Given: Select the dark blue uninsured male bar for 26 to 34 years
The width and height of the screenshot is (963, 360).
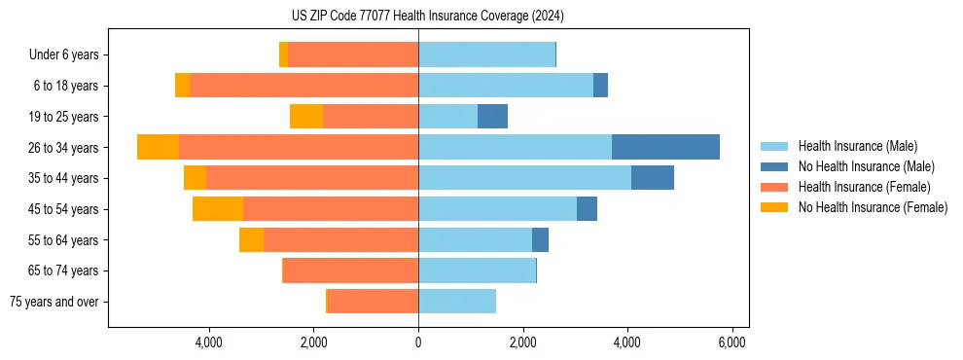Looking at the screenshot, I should point(665,147).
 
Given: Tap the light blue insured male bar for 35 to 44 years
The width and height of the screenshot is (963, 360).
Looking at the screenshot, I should point(524,178).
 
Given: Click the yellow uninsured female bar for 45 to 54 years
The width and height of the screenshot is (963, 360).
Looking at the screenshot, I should point(218,209).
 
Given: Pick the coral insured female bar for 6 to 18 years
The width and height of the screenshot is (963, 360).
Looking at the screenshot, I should point(303,86).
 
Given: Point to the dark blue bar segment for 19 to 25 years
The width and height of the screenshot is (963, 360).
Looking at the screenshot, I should point(492,117).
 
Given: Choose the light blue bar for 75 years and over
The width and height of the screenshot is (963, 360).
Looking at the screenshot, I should point(457,302).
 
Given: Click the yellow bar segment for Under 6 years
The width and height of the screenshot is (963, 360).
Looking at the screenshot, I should point(283,54).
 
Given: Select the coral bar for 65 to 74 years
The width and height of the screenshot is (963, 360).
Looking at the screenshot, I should point(350,270).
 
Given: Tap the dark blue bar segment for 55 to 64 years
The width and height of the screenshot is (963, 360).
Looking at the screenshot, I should point(540,240).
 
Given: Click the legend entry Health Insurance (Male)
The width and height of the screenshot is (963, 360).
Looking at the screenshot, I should point(857,146).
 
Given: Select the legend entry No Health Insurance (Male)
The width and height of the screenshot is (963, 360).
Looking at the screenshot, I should point(866,166).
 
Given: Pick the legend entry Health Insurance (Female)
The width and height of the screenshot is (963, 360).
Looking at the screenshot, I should point(862,187).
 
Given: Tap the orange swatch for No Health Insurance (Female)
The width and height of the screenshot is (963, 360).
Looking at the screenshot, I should point(775,207).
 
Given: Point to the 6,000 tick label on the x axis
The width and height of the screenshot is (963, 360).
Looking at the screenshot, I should point(731,342).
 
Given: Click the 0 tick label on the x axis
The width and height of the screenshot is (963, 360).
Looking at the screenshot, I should point(418,342).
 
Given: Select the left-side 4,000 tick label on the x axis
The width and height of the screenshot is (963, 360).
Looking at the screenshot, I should point(209,342).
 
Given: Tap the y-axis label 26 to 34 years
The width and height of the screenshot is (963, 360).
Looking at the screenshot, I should point(65,148).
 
